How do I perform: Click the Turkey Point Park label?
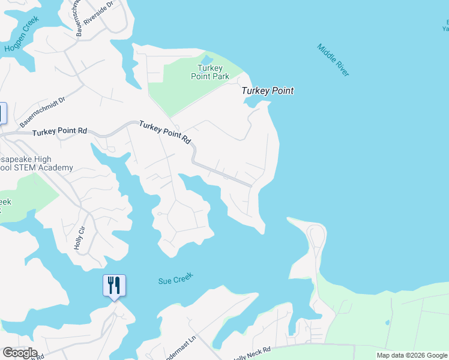(x=210, y=72)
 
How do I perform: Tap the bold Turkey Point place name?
(x=268, y=91)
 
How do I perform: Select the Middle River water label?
(x=333, y=60)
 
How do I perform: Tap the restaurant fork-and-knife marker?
(x=114, y=286)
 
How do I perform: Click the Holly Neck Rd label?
(x=252, y=352)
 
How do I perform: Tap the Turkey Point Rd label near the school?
(x=59, y=131)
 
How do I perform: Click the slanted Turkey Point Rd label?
(x=165, y=132)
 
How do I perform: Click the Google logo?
(x=19, y=353)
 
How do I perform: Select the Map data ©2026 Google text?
(x=411, y=355)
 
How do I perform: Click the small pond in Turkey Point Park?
(x=206, y=59)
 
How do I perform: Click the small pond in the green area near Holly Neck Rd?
(x=387, y=322)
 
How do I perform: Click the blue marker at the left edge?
(x=2, y=113)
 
